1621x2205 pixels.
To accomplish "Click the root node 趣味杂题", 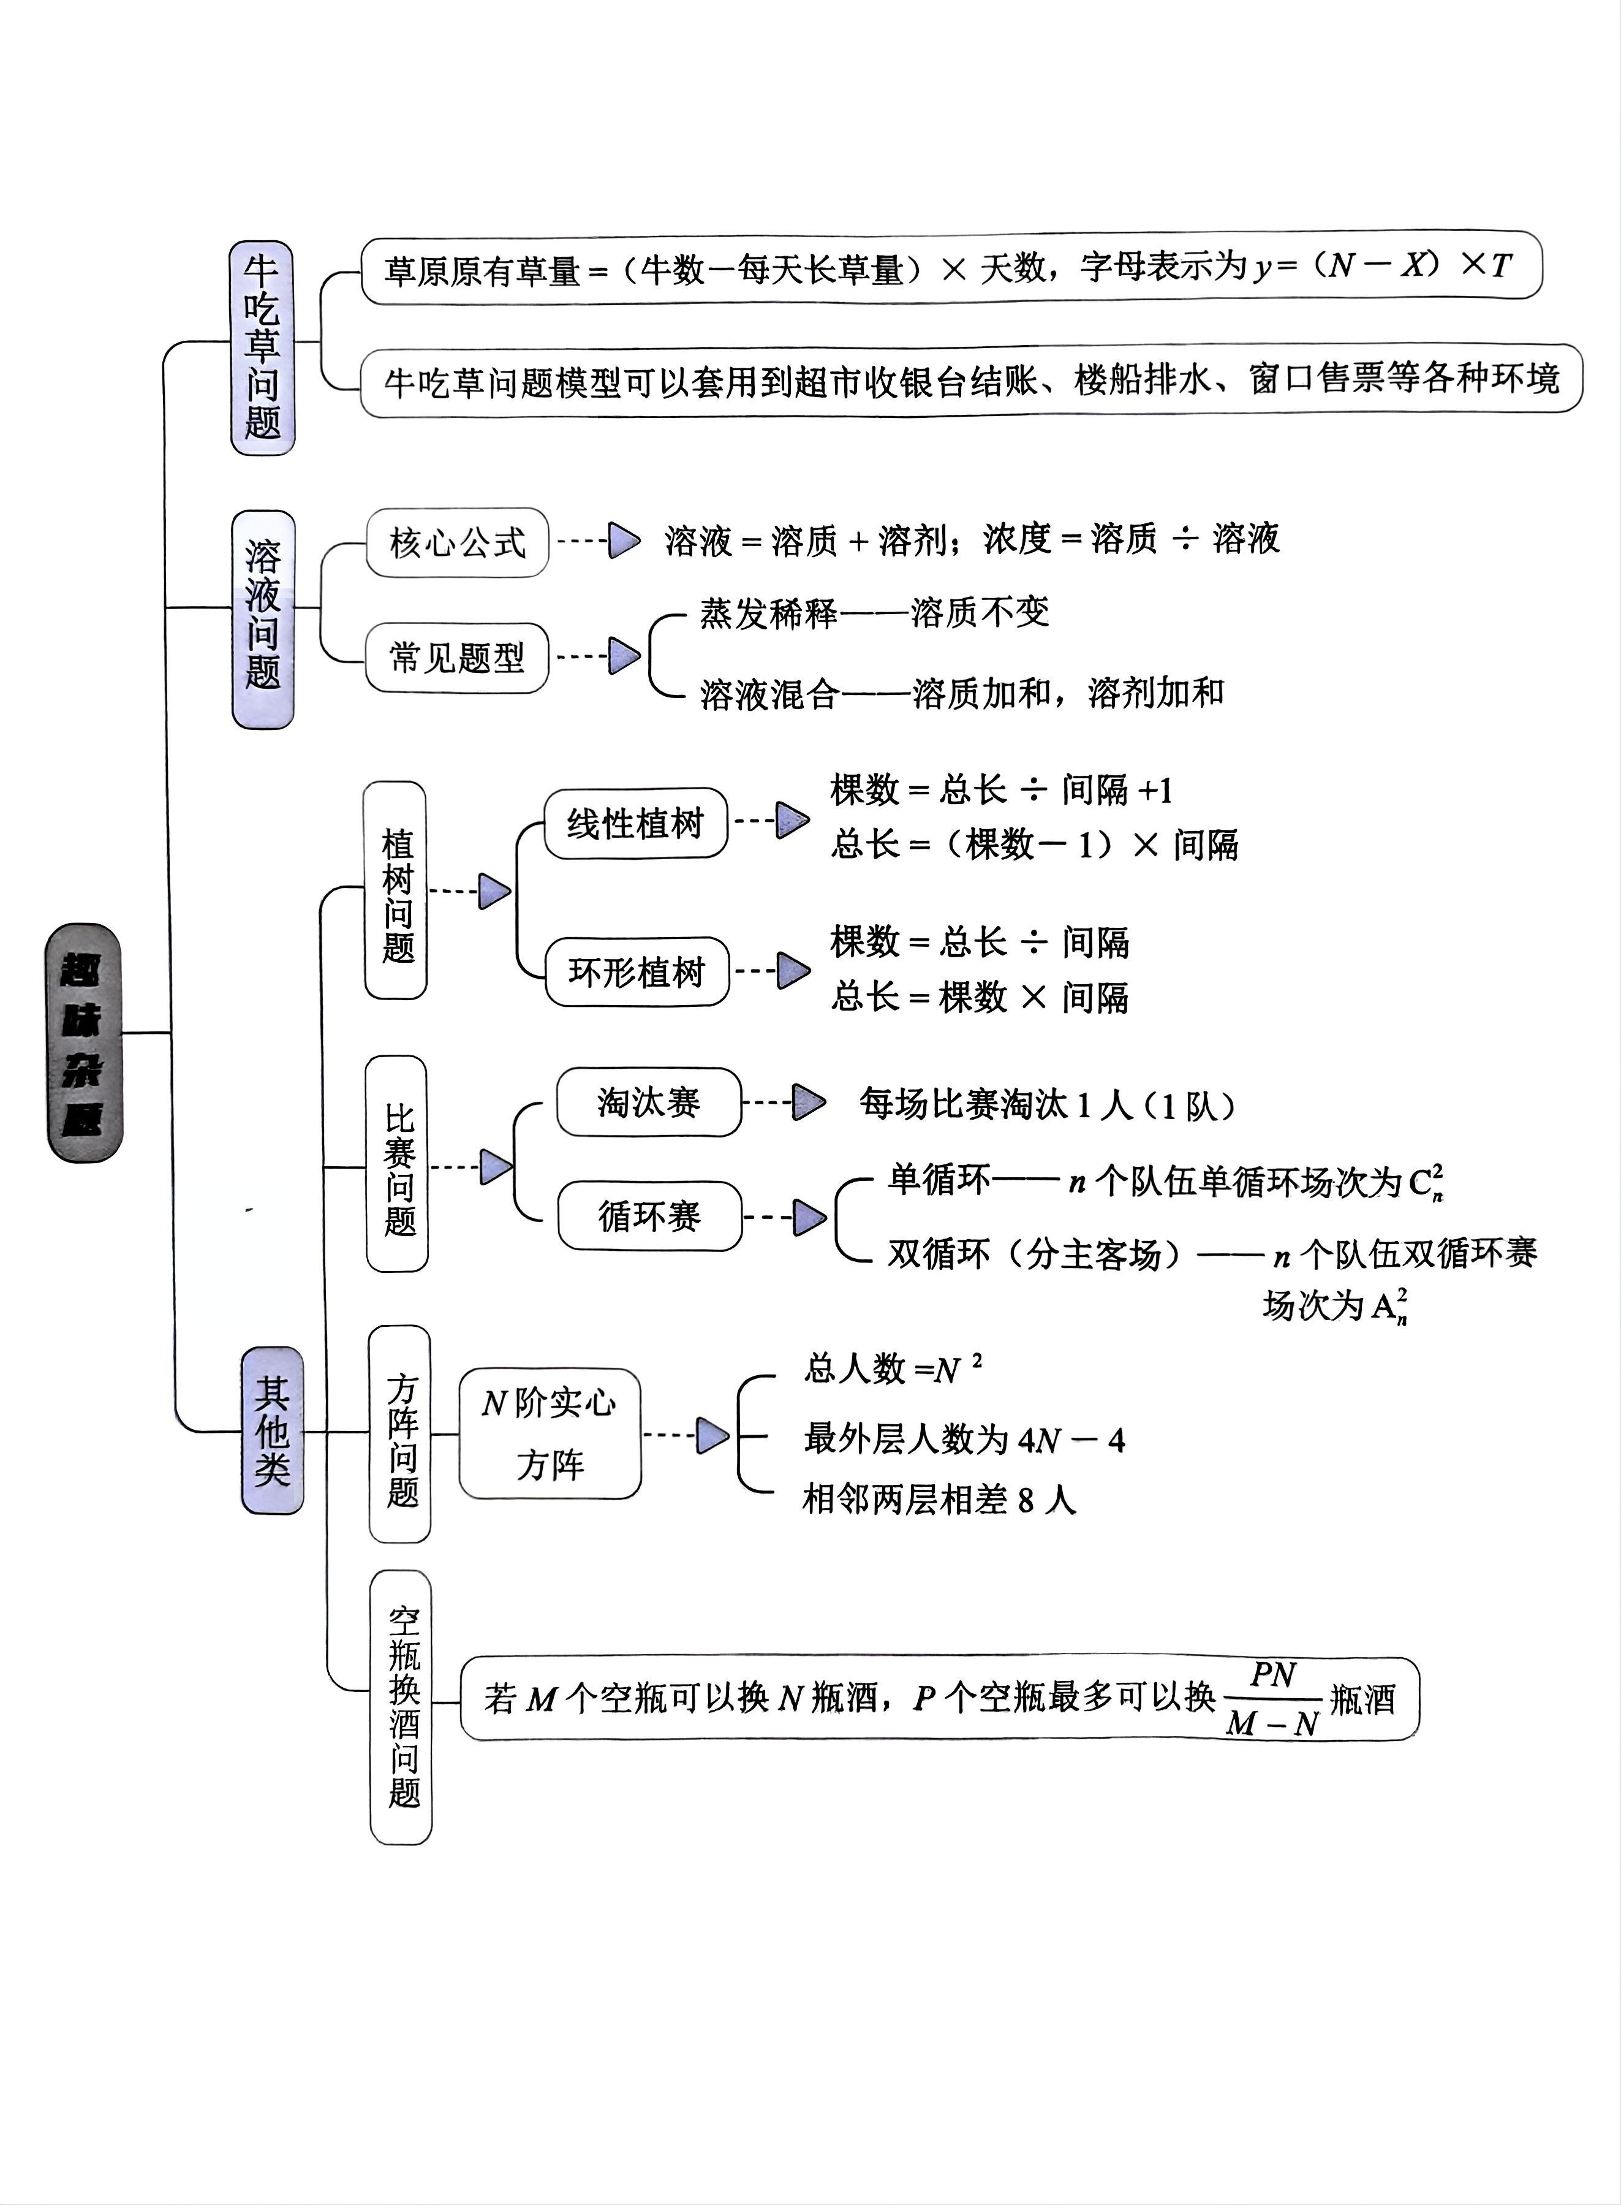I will click(85, 1042).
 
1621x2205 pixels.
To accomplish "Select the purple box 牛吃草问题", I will click(262, 347).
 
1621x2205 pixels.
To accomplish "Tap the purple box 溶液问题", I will click(262, 618).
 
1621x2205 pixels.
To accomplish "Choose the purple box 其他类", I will click(272, 1430).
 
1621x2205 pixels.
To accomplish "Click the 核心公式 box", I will click(457, 542).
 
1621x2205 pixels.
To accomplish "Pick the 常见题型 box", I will click(456, 658).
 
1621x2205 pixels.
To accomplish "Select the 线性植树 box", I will click(636, 823).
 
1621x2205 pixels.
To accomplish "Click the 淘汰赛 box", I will click(649, 1102).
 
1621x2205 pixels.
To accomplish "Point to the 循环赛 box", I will click(649, 1216).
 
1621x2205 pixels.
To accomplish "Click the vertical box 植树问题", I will click(395, 890).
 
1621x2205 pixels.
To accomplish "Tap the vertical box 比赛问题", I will click(398, 1164).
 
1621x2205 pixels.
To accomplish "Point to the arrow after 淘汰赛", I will click(809, 1102).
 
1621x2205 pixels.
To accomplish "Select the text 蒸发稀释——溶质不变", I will click(874, 613).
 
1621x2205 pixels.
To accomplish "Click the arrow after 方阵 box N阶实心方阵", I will click(712, 1436).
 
